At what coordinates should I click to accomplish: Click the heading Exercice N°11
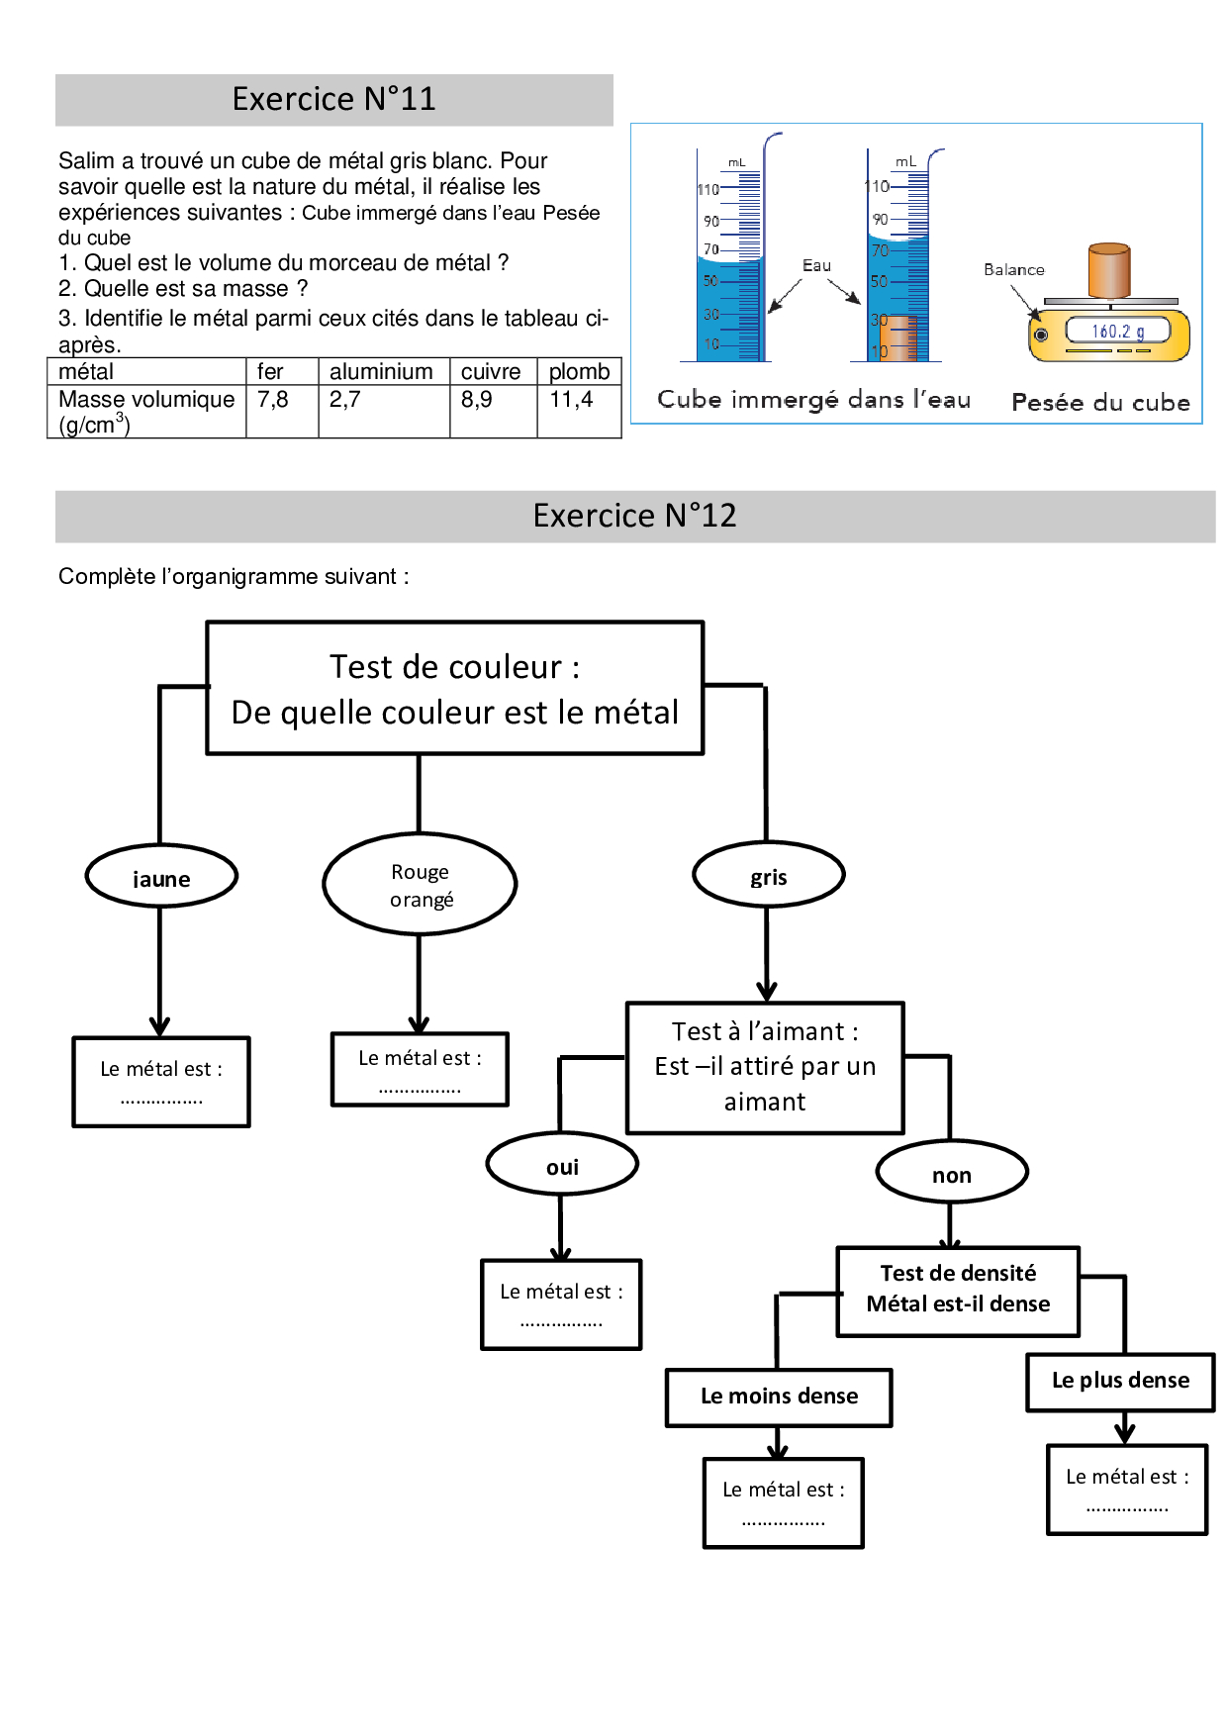(x=333, y=99)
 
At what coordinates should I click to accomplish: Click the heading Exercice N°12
(x=634, y=516)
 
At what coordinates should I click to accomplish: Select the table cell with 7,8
(x=273, y=400)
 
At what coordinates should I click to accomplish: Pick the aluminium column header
(x=381, y=371)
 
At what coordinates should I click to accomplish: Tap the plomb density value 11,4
(x=571, y=400)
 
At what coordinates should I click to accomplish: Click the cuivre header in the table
(x=491, y=371)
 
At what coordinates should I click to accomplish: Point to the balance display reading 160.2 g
(x=1117, y=332)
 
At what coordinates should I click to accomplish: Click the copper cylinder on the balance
(x=1108, y=269)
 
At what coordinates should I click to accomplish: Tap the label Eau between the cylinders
(x=816, y=265)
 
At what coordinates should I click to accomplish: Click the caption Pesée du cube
(x=1100, y=403)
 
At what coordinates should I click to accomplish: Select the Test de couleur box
(x=454, y=689)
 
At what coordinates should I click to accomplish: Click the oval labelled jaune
(x=161, y=877)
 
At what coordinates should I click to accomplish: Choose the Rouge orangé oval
(x=420, y=885)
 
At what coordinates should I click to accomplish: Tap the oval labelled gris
(x=769, y=876)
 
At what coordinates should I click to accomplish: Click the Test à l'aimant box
(x=765, y=1067)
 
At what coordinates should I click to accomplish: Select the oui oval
(x=562, y=1166)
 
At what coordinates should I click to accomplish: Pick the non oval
(x=952, y=1174)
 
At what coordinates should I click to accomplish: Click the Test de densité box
(x=958, y=1290)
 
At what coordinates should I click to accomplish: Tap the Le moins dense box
(x=779, y=1397)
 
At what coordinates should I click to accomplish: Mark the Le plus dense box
(x=1120, y=1381)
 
